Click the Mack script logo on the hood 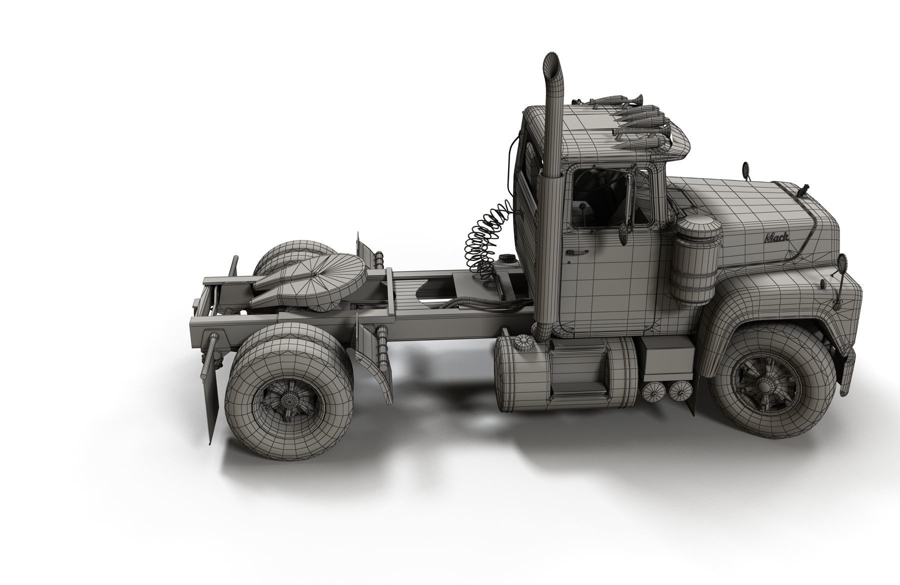click(x=775, y=237)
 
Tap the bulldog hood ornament click(x=804, y=190)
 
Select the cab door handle click(x=576, y=252)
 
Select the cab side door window click(x=600, y=197)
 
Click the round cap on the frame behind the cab click(x=506, y=260)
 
